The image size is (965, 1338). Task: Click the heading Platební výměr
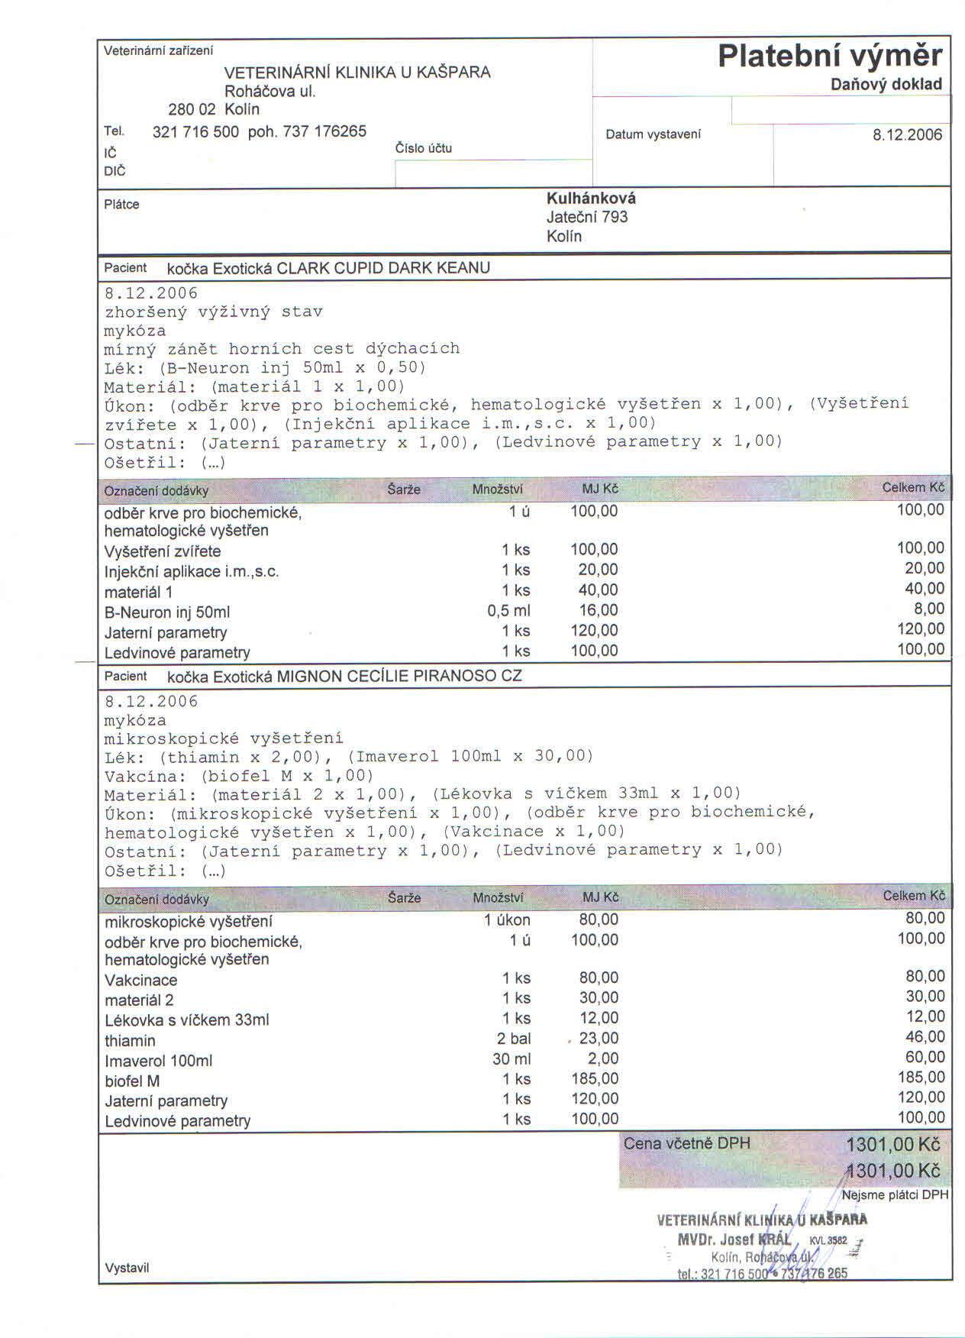click(830, 56)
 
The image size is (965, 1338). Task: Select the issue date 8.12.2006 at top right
click(907, 135)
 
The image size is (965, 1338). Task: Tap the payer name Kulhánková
click(591, 199)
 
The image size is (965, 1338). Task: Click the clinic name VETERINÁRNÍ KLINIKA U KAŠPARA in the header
click(357, 73)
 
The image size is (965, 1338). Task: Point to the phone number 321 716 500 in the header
click(195, 131)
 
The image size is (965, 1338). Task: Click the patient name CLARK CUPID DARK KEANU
click(383, 268)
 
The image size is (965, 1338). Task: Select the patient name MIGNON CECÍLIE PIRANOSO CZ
click(399, 677)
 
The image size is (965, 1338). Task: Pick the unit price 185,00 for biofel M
click(595, 1079)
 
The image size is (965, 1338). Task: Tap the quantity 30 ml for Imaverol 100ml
click(512, 1059)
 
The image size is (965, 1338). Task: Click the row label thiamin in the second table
click(130, 1041)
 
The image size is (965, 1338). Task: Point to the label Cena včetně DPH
click(686, 1144)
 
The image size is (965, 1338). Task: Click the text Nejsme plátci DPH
click(895, 1195)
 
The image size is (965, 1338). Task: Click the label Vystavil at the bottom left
click(127, 1269)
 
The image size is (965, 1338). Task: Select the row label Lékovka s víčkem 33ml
click(186, 1020)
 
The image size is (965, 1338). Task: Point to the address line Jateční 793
click(586, 218)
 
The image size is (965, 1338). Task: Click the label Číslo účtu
click(423, 148)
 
